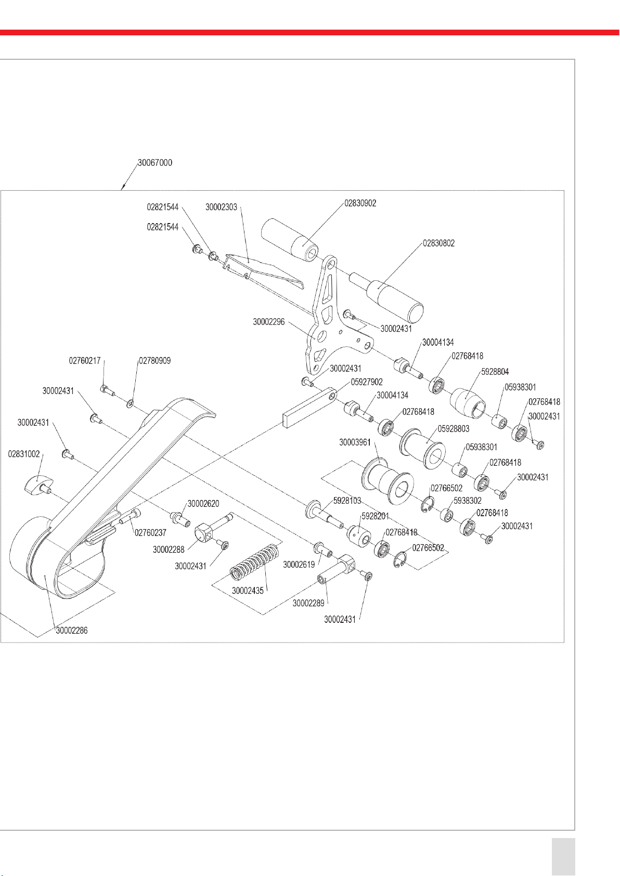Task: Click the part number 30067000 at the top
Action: pos(154,163)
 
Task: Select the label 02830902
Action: pos(360,203)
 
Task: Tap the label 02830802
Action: pos(438,243)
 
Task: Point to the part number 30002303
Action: pos(221,207)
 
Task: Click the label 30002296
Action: pos(268,322)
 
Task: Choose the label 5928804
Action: pos(495,372)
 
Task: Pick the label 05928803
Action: pos(453,429)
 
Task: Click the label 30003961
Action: pos(355,442)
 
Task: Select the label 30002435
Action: pos(248,591)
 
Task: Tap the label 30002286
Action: pos(72,631)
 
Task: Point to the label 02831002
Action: pos(24,454)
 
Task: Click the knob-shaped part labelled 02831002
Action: pos(35,485)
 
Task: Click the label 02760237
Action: pos(150,533)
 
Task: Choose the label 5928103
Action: pos(347,501)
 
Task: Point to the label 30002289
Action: pos(308,603)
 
